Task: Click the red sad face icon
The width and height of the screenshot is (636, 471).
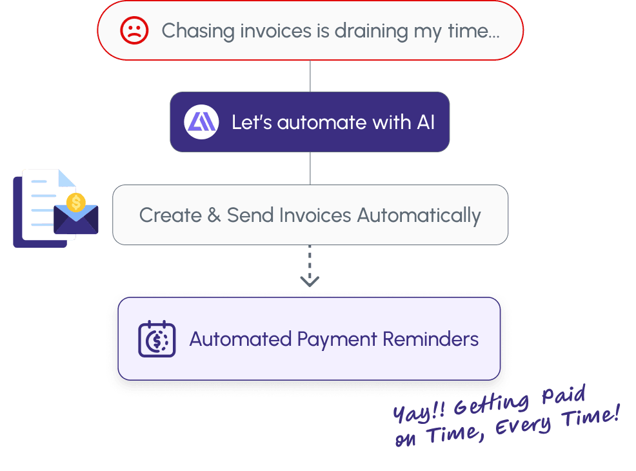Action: point(134,30)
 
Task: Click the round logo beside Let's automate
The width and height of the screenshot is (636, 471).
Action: point(202,122)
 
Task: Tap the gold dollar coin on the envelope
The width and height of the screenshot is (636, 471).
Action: point(76,203)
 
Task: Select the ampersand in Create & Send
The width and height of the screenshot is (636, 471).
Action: point(214,215)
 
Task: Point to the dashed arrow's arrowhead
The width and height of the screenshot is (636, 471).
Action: point(310,281)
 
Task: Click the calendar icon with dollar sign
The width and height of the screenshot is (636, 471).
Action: point(157,339)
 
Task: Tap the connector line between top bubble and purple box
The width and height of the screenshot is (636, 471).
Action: point(310,76)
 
